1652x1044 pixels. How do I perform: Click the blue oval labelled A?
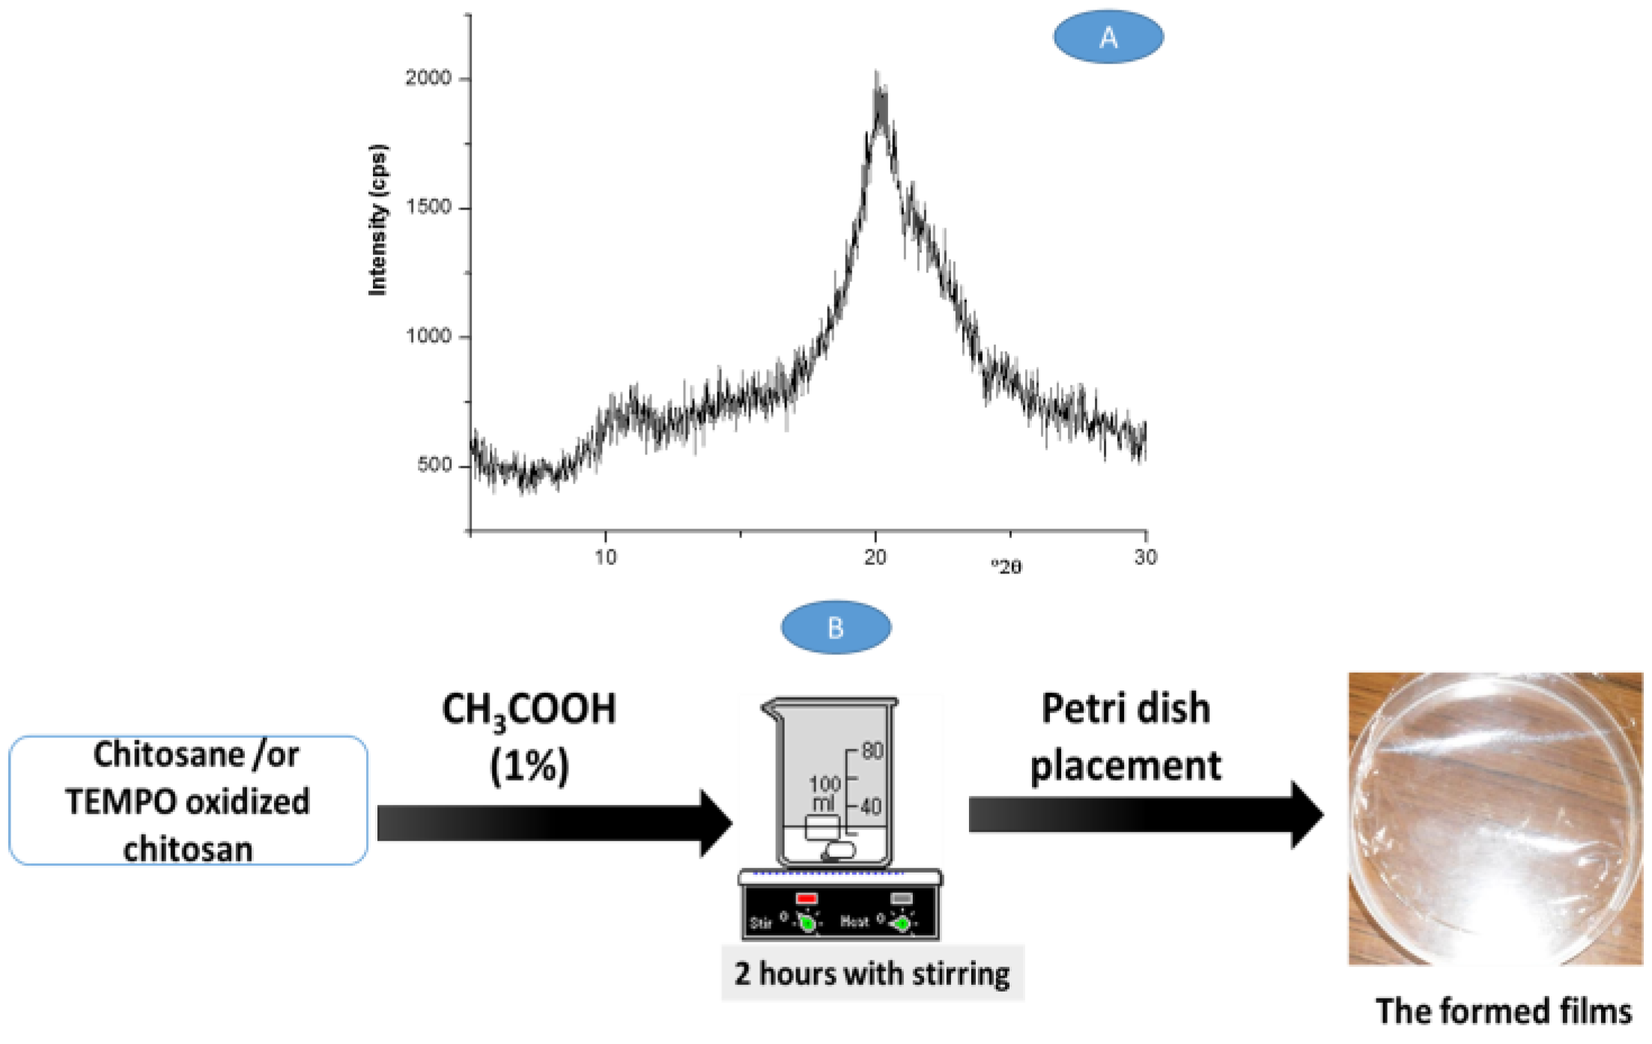[1108, 37]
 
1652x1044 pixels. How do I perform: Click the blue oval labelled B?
[836, 627]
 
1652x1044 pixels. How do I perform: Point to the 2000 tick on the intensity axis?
[428, 78]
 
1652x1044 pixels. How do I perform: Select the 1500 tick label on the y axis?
[428, 207]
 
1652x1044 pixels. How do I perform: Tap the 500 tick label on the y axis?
[434, 465]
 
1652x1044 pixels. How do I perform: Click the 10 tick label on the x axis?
[605, 558]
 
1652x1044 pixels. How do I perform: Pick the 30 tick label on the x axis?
[1145, 558]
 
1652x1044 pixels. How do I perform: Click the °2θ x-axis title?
[1006, 567]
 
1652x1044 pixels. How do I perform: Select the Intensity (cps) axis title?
[378, 220]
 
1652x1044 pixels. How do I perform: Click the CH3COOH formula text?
[529, 709]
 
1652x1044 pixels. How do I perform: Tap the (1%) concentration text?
[529, 766]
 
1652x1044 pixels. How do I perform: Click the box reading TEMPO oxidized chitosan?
[188, 801]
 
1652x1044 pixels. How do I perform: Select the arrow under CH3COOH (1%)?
[554, 822]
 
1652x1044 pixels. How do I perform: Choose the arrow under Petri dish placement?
[1145, 814]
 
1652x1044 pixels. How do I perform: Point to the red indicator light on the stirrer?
[807, 898]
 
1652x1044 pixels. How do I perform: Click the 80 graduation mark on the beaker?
[872, 751]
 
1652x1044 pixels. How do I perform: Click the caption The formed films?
[1503, 1011]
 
